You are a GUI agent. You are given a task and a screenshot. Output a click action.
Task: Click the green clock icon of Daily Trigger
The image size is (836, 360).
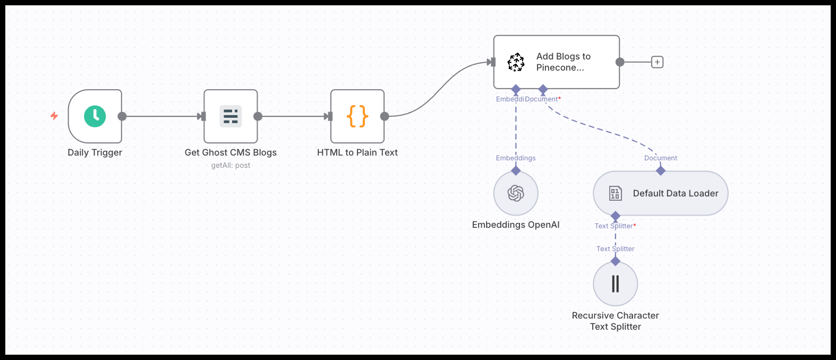(95, 116)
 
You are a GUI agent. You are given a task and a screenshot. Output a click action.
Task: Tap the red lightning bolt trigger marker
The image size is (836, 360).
(54, 116)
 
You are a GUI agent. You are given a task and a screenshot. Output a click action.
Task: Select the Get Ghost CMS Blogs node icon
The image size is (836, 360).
(231, 116)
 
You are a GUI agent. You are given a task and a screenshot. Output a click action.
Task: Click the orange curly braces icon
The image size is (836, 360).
(357, 116)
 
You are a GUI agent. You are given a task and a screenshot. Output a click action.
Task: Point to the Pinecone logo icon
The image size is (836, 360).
(516, 62)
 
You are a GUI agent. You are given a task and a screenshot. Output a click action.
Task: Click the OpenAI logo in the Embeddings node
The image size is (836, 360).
(516, 193)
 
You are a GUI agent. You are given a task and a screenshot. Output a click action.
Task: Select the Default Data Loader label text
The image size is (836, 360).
(675, 193)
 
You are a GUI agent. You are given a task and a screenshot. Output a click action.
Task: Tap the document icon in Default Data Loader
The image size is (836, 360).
(615, 193)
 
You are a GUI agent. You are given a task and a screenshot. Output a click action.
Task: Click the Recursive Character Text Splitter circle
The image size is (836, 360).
(616, 284)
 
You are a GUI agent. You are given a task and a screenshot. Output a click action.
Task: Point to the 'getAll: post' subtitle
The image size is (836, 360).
(231, 165)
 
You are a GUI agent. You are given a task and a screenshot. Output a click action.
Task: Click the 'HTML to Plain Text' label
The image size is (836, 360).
(357, 152)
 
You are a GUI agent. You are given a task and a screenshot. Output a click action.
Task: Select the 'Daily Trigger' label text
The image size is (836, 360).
(95, 152)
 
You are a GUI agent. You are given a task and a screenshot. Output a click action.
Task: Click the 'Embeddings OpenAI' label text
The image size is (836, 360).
(515, 225)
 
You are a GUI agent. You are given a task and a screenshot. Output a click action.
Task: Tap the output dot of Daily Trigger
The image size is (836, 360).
(122, 116)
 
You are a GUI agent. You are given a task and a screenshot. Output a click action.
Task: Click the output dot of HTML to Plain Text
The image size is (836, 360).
(385, 116)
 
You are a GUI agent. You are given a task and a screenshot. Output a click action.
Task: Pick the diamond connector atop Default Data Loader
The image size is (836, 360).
(661, 170)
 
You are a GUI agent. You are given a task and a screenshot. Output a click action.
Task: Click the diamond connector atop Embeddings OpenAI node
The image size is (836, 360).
(516, 170)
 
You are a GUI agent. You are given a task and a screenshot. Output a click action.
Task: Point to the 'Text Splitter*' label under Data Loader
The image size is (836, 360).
(615, 226)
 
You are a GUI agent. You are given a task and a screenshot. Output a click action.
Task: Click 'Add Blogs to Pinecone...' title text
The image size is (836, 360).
(563, 62)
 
